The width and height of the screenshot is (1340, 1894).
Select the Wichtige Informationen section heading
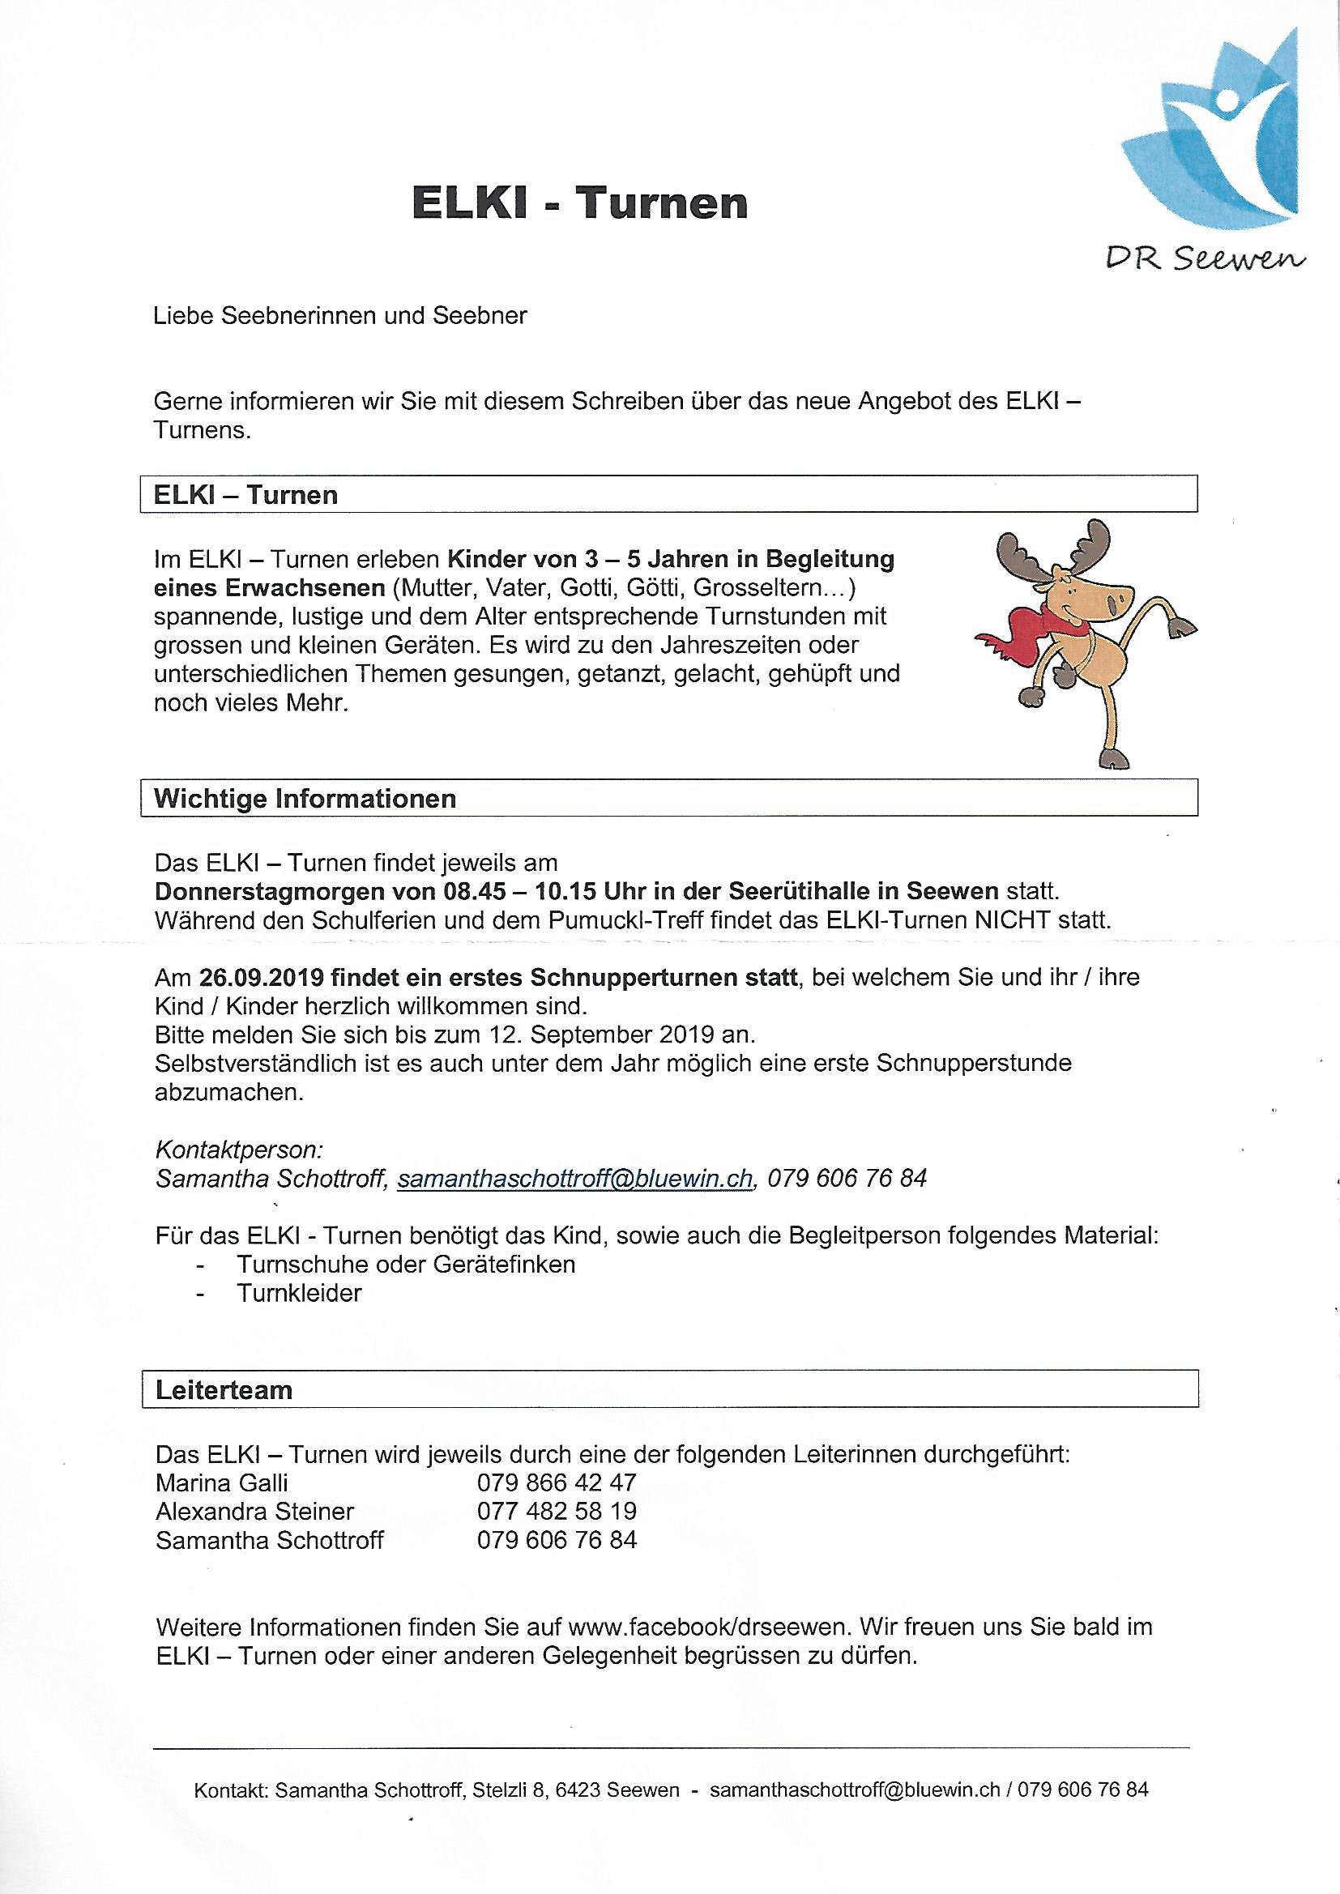[305, 799]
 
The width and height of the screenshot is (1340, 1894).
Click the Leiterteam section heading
[224, 1390]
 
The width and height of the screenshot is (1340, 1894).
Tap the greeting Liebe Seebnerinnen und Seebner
[340, 316]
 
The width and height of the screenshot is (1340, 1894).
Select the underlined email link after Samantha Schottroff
[575, 1179]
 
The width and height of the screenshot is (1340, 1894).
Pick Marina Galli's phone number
[556, 1482]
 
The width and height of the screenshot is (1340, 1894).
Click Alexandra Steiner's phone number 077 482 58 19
[556, 1512]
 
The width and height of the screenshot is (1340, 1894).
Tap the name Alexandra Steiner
[254, 1512]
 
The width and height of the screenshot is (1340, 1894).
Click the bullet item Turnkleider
[300, 1293]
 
